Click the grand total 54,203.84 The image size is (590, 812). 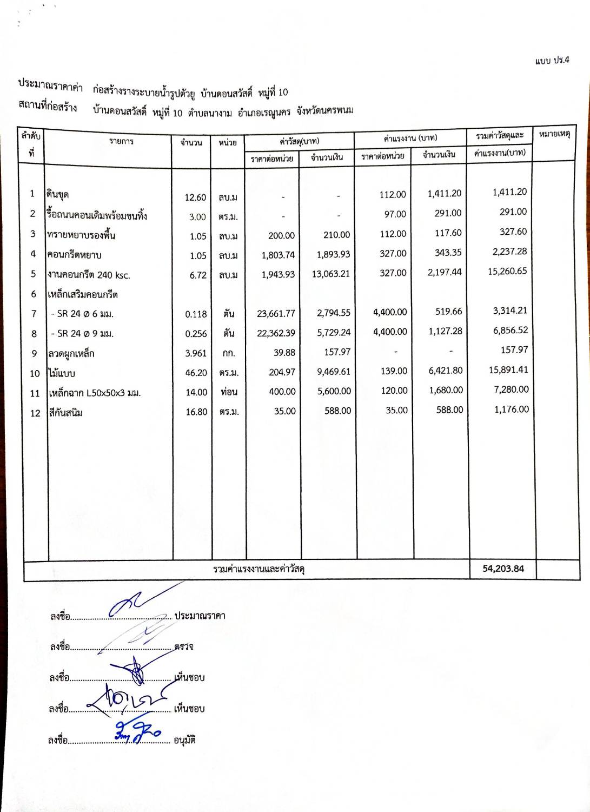(x=503, y=569)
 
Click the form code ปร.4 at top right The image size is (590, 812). (x=552, y=61)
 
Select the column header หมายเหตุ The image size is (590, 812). (x=555, y=134)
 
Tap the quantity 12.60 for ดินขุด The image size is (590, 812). (x=195, y=197)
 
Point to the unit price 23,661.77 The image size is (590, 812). (x=276, y=313)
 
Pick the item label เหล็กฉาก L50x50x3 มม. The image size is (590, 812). (x=95, y=393)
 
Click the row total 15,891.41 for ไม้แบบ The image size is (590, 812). (x=508, y=370)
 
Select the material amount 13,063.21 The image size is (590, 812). (x=330, y=274)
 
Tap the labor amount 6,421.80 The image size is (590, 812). (x=445, y=371)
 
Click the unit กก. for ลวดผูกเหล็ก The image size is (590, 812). (x=228, y=353)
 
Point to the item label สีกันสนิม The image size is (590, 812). (x=65, y=413)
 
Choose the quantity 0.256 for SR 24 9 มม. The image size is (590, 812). (x=196, y=334)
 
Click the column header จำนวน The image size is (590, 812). (x=191, y=142)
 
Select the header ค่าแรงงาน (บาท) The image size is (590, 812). (x=410, y=138)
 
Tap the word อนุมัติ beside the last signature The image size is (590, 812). (x=184, y=740)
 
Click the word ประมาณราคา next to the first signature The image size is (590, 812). (x=200, y=616)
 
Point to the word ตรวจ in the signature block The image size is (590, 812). (x=184, y=646)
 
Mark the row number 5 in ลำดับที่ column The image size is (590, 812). (x=34, y=274)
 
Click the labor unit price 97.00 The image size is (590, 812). (x=395, y=214)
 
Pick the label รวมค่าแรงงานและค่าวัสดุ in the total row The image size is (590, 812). (x=259, y=569)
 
